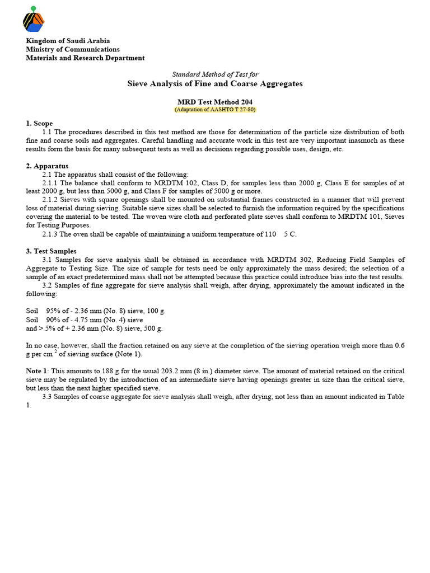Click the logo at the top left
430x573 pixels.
(x=33, y=20)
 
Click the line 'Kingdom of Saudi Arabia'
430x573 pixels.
(x=68, y=41)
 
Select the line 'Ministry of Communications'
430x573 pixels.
(x=73, y=49)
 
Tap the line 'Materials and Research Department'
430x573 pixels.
(x=85, y=58)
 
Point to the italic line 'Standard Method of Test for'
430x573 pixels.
(x=214, y=74)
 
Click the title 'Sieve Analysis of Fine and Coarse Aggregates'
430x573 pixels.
(x=215, y=83)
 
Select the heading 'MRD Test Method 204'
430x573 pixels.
(x=215, y=102)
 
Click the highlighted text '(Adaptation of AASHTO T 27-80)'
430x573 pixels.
(x=215, y=110)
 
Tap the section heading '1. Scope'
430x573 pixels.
(x=39, y=123)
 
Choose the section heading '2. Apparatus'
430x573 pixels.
(x=47, y=166)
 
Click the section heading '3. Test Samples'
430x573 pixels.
(x=51, y=251)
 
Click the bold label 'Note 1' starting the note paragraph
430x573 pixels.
(x=37, y=371)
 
